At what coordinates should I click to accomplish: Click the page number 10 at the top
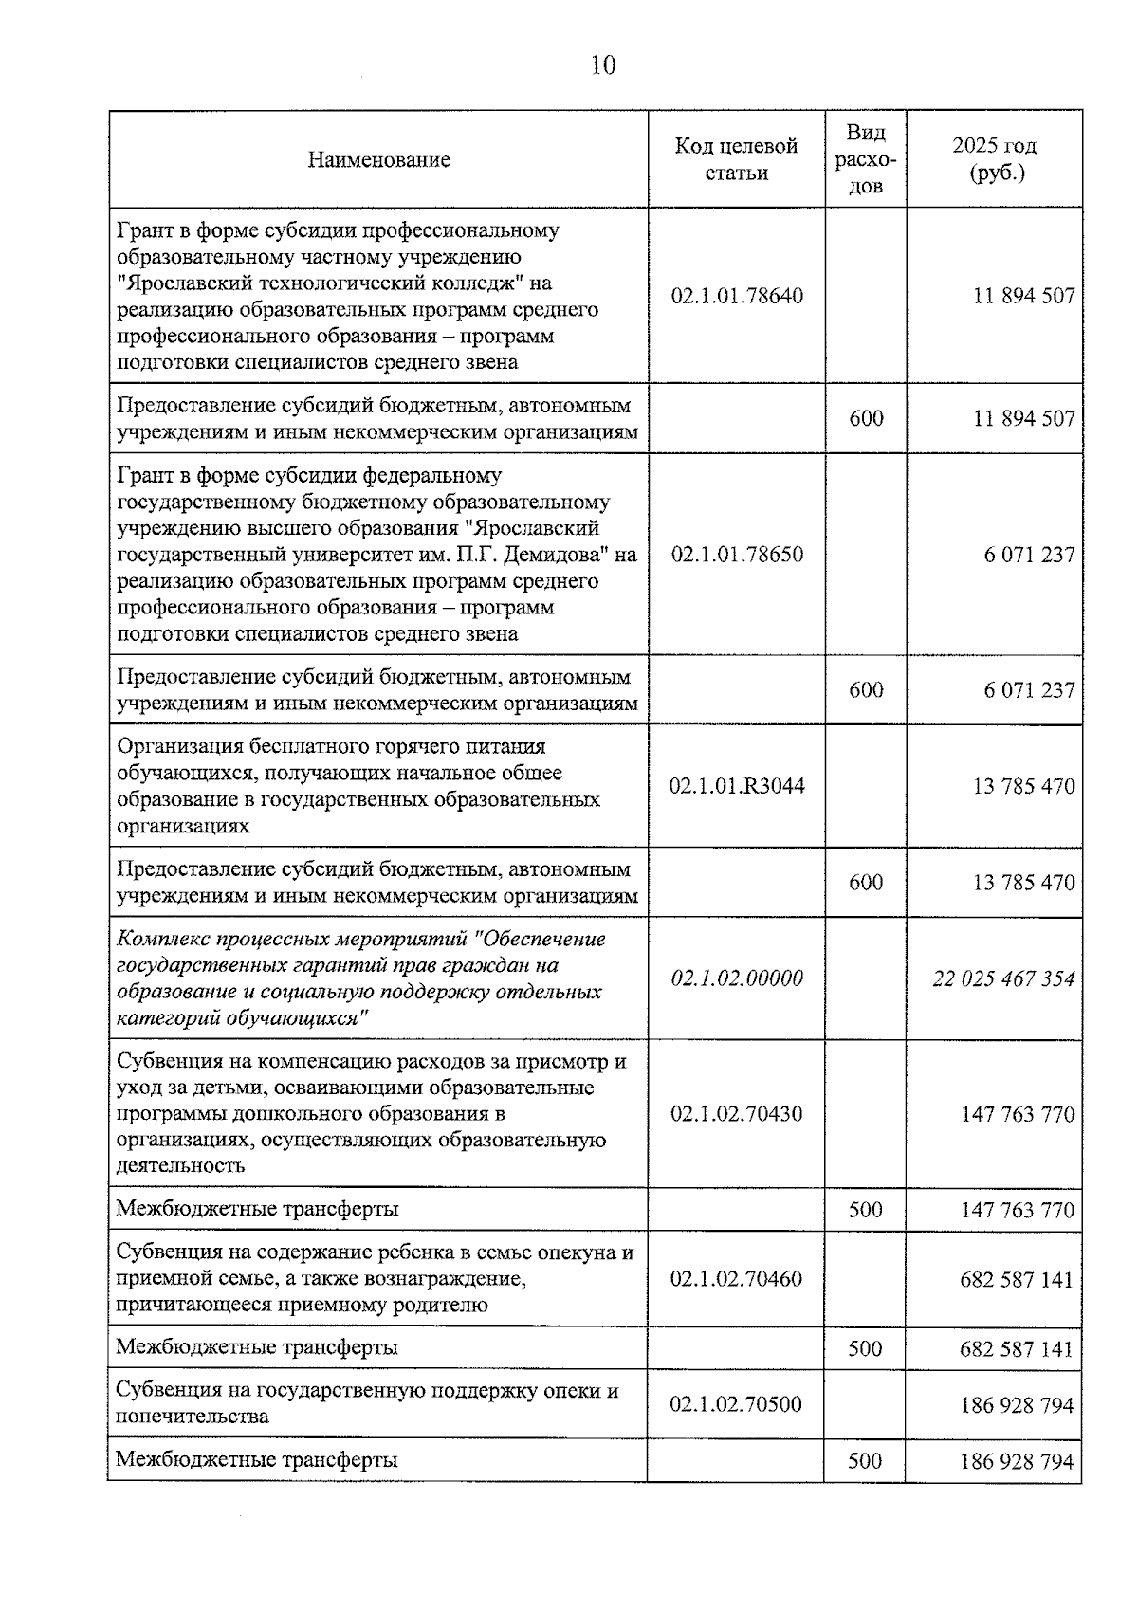coord(603,65)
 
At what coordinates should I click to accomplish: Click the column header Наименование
coord(378,159)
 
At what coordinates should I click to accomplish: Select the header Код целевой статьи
coord(736,159)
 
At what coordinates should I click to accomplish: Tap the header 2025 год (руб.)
coord(994,159)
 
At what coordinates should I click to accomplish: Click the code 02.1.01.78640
coord(736,296)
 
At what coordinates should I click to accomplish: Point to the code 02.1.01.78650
coord(736,555)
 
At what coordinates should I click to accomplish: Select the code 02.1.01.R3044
coord(736,786)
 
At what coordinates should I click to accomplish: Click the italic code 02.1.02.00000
coord(736,978)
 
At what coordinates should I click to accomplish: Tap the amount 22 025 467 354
coord(1003,978)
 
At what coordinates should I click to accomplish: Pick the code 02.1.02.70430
coord(736,1114)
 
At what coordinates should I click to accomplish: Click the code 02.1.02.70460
coord(736,1279)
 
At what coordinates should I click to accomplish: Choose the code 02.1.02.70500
coord(736,1404)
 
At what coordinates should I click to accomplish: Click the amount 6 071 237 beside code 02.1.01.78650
coord(1029,555)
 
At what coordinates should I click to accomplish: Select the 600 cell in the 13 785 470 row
coord(866,883)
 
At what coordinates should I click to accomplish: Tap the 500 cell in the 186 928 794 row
coord(865,1461)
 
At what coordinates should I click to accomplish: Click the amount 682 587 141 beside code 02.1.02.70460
coord(1017,1279)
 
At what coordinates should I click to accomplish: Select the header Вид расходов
coord(866,159)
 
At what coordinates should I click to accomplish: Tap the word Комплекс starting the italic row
coord(157,940)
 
